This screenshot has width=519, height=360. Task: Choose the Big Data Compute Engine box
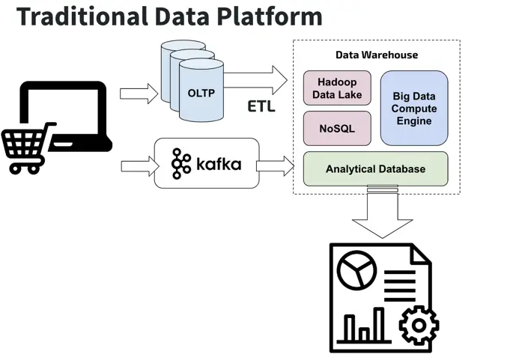414,109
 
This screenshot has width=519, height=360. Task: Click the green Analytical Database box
375,169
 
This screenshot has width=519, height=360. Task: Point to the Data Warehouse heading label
376,55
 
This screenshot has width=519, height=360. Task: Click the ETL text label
261,106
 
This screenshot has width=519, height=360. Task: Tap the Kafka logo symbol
181,163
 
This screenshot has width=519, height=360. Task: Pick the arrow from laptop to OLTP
139,93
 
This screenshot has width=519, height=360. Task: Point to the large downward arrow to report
383,213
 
